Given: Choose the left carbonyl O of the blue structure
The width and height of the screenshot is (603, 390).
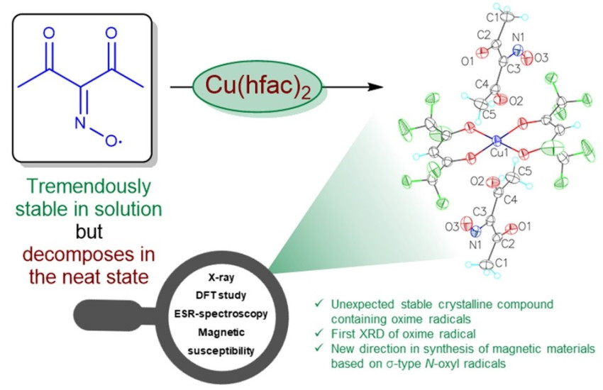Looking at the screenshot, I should point(48,33).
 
